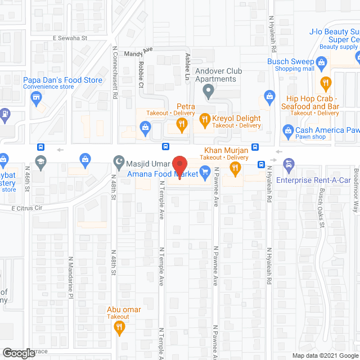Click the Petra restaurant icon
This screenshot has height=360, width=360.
coord(181,126)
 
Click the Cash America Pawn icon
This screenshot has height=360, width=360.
coord(288,130)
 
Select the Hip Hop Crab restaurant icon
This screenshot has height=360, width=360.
coord(325,84)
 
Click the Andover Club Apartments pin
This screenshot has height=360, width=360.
coord(208,91)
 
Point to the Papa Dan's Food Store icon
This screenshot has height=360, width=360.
coord(37,99)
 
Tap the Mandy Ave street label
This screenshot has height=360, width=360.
coord(138,50)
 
